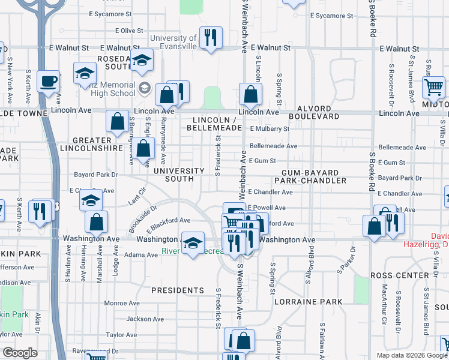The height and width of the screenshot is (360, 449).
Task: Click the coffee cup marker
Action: (x=48, y=81)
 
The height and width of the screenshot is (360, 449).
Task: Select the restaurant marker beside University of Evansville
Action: (x=211, y=38)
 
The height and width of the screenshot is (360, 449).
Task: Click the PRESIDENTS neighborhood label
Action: (x=178, y=290)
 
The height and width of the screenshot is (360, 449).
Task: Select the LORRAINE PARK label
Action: (x=308, y=302)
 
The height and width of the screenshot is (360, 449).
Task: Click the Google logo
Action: (x=20, y=352)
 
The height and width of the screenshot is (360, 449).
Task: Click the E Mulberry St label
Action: (x=270, y=128)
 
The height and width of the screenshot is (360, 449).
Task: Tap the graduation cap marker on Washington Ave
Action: (x=193, y=243)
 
